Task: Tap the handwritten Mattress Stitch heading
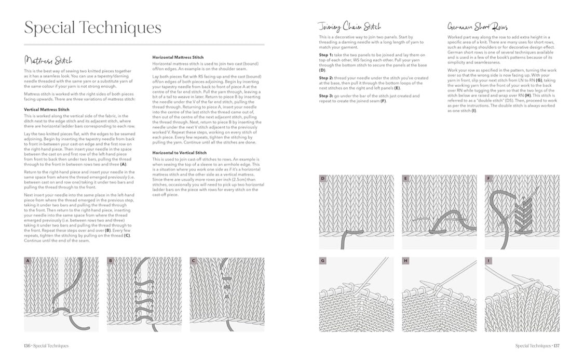(48, 60)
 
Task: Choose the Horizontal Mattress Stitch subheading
(178, 57)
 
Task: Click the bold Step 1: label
(327, 55)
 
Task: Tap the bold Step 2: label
(327, 77)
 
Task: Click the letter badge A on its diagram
(28, 260)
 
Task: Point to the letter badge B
(111, 260)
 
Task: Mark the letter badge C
(193, 260)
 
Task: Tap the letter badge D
(322, 178)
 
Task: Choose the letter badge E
(405, 178)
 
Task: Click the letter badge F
(488, 178)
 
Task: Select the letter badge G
(322, 260)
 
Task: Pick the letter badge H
(405, 260)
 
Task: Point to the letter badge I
(488, 260)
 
